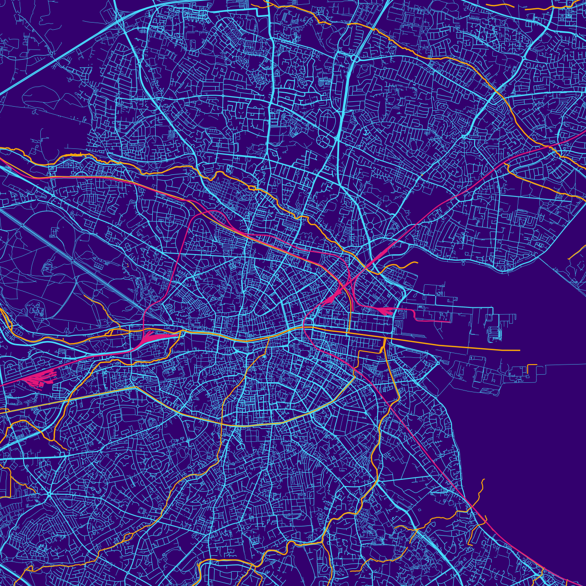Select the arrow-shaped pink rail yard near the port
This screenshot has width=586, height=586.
387,311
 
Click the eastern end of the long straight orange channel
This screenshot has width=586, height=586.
519,351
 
